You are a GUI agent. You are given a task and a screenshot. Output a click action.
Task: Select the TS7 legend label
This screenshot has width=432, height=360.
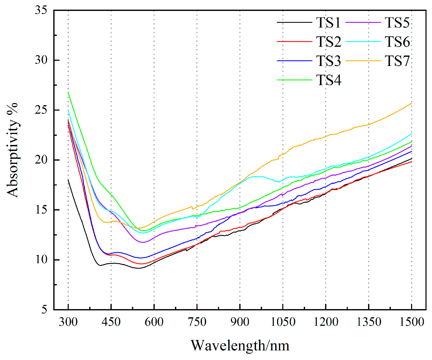(397, 61)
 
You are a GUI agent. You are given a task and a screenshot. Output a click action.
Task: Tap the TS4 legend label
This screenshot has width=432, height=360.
(328, 80)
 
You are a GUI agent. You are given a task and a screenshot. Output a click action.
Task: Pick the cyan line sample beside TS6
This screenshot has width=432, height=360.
(363, 42)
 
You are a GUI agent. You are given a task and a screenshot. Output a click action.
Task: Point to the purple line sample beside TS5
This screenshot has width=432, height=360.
(363, 23)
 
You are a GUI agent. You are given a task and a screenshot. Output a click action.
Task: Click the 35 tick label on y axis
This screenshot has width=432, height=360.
(41, 10)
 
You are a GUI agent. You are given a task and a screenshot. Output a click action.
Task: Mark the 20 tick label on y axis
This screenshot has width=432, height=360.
(41, 160)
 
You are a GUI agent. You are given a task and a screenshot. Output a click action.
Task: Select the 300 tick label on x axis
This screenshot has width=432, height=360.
(68, 322)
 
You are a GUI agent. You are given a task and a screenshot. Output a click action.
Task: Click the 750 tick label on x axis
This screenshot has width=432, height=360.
(197, 322)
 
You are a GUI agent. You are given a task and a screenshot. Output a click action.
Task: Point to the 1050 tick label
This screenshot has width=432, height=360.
(283, 322)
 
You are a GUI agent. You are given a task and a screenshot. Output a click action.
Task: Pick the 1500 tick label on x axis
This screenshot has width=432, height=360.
(412, 322)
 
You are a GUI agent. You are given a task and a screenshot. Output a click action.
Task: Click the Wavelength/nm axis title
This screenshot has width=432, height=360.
(240, 346)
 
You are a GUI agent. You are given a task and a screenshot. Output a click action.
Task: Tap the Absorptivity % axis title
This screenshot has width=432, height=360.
(13, 150)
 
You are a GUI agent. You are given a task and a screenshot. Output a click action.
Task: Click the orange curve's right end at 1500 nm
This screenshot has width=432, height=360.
(411, 103)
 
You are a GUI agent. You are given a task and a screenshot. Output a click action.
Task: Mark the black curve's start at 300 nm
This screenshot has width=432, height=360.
(68, 180)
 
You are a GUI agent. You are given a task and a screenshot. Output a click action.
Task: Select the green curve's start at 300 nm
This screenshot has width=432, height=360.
(68, 92)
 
